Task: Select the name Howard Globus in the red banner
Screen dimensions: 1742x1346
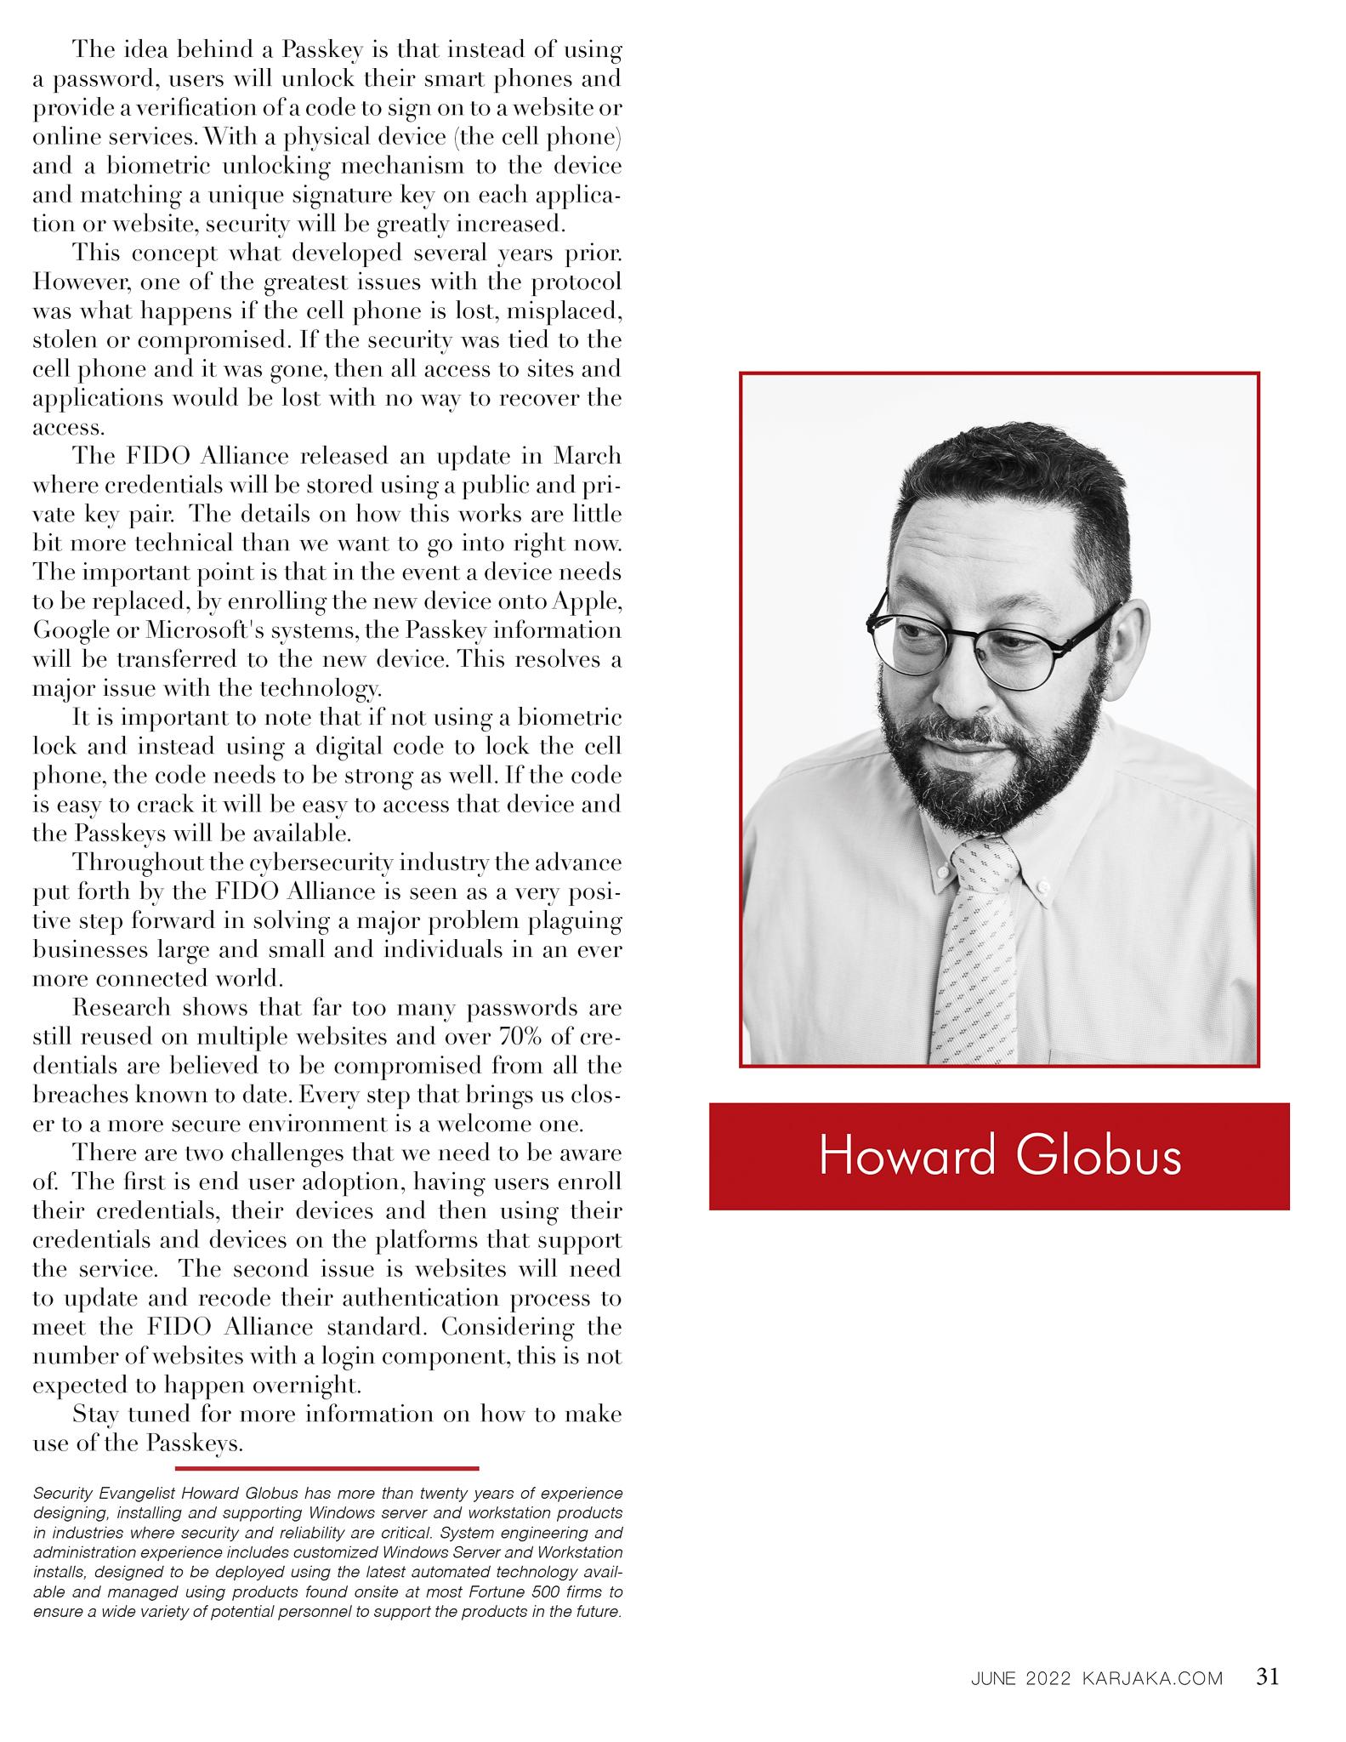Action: tap(999, 1156)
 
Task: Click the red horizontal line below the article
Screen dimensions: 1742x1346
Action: tap(327, 1467)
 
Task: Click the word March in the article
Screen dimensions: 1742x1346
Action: tap(588, 456)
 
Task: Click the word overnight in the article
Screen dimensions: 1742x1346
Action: tap(308, 1385)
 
